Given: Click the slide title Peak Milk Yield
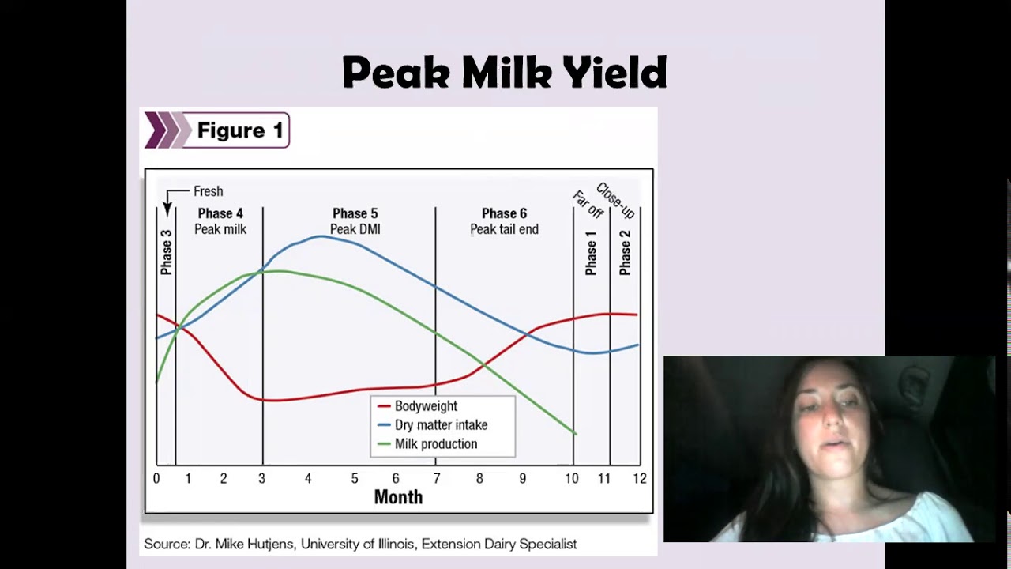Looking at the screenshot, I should click(x=504, y=73).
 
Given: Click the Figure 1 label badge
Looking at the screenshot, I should click(x=216, y=130).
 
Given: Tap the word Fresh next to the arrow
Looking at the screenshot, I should click(x=209, y=191).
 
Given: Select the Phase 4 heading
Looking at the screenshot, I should click(x=220, y=213).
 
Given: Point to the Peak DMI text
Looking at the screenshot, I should click(x=355, y=229).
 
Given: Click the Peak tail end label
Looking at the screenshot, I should click(x=504, y=229).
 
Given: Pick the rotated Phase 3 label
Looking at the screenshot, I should click(x=166, y=252).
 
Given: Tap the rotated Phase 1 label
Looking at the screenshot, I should click(x=591, y=253).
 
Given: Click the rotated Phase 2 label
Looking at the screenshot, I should click(x=625, y=253).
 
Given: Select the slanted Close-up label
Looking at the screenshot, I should click(x=615, y=201).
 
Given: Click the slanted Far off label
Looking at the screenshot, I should click(x=588, y=205).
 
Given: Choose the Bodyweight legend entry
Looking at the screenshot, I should click(x=426, y=406).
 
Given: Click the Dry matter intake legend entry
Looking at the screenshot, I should click(x=441, y=425).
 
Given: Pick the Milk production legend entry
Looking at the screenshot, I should click(x=435, y=444).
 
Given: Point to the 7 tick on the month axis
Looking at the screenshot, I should click(x=436, y=478).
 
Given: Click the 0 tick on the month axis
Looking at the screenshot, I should click(x=156, y=478).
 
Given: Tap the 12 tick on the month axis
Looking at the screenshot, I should click(x=639, y=478).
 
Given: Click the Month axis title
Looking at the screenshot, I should click(x=398, y=497).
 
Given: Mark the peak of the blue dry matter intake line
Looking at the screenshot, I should click(x=321, y=236).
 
